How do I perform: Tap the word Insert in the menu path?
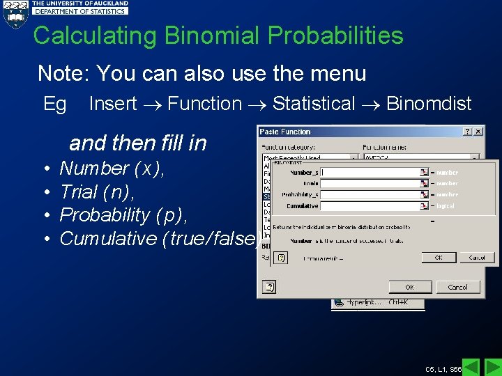(112, 104)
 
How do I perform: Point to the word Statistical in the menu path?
(314, 104)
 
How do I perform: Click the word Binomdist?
(429, 104)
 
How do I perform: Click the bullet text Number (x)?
(112, 169)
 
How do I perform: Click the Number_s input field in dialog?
(374, 172)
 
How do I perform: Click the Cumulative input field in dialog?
(374, 206)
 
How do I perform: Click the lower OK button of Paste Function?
(409, 287)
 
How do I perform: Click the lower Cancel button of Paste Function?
(457, 287)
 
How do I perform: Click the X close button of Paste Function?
(478, 132)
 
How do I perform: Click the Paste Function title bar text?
(285, 132)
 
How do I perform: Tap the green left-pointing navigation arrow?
(471, 366)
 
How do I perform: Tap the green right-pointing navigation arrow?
(492, 366)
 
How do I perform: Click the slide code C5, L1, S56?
(443, 368)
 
